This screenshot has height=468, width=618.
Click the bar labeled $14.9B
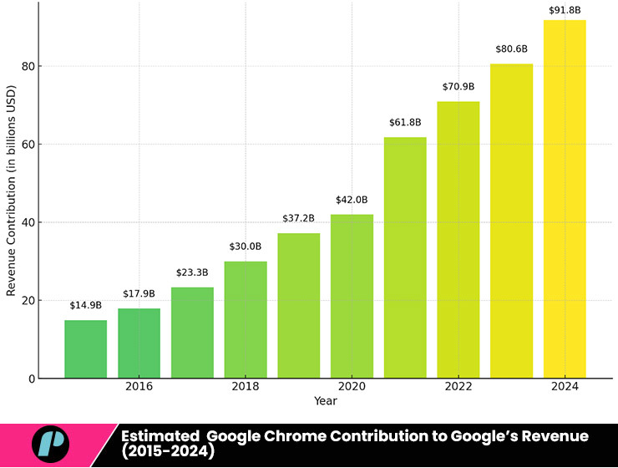click(x=85, y=348)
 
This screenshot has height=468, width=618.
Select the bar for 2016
click(x=139, y=343)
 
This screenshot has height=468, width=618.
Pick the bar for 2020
click(x=352, y=296)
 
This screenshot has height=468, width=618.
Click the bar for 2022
click(x=458, y=239)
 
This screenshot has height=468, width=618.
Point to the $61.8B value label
click(x=405, y=123)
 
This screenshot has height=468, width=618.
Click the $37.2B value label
click(x=298, y=219)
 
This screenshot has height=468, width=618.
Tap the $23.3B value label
click(x=192, y=273)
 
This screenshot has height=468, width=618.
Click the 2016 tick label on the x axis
click(x=139, y=387)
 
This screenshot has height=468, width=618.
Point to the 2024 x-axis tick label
click(x=565, y=387)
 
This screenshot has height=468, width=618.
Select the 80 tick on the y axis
click(x=28, y=66)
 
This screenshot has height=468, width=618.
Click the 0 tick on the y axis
click(x=30, y=379)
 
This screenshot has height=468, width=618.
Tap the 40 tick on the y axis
click(x=28, y=222)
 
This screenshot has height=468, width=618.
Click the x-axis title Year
click(x=325, y=401)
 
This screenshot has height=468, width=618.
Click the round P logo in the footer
click(x=50, y=444)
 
